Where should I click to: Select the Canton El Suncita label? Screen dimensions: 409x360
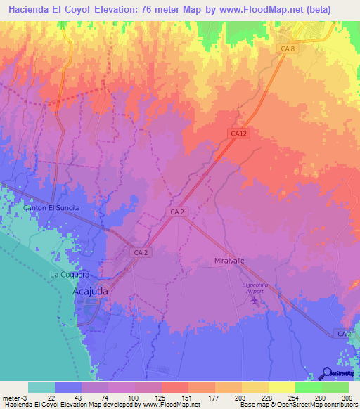coord(52,209)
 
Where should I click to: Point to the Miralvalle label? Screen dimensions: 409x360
coord(229,260)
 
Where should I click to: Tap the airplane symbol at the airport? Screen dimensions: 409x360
coord(255,301)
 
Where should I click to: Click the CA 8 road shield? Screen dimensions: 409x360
coord(287,48)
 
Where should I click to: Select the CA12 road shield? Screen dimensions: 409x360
coord(238,133)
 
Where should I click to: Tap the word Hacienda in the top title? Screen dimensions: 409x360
coord(30,9)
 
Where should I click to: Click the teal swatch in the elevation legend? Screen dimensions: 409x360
coord(41,387)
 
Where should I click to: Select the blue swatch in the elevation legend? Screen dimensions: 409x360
coord(68,387)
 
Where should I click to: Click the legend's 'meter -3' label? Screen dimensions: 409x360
coord(14,397)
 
